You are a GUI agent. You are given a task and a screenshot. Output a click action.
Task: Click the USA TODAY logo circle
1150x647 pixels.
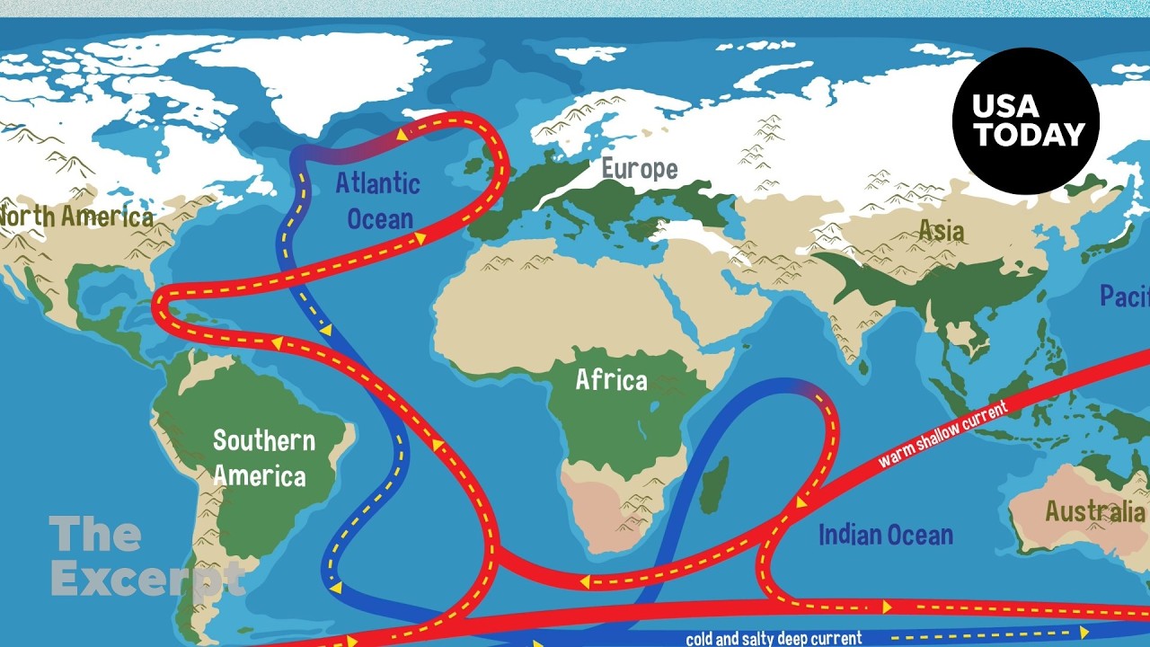click(x=1025, y=120)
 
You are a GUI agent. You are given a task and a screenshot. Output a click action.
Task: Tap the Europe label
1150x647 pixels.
click(x=639, y=168)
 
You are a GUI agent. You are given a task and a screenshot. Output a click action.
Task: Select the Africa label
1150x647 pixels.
click(x=611, y=380)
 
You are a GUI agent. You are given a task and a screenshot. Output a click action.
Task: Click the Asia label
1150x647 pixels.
click(x=941, y=231)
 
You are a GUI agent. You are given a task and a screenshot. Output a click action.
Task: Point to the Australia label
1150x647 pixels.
click(x=1094, y=511)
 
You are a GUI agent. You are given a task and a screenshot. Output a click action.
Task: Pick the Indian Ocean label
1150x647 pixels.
click(x=885, y=535)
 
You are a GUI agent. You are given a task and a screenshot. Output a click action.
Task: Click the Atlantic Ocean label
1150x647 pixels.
click(x=378, y=200)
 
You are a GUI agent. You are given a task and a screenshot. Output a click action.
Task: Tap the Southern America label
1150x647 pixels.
click(x=263, y=457)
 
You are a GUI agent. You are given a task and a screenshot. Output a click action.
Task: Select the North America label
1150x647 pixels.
click(x=76, y=217)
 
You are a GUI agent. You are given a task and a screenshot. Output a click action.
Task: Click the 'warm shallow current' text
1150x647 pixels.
click(x=943, y=433)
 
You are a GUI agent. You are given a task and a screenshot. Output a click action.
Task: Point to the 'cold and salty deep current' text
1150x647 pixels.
click(x=774, y=639)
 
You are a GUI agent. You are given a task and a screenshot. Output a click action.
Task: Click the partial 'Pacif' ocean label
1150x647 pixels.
click(x=1125, y=296)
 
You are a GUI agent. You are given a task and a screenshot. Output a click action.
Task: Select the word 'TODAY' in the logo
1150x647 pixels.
click(x=1030, y=136)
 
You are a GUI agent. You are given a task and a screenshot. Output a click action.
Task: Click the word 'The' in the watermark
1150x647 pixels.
click(x=95, y=535)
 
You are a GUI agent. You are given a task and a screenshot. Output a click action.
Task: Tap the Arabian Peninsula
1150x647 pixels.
click(x=710, y=297)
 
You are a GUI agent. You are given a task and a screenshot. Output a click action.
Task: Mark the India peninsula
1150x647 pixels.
click(x=850, y=323)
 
